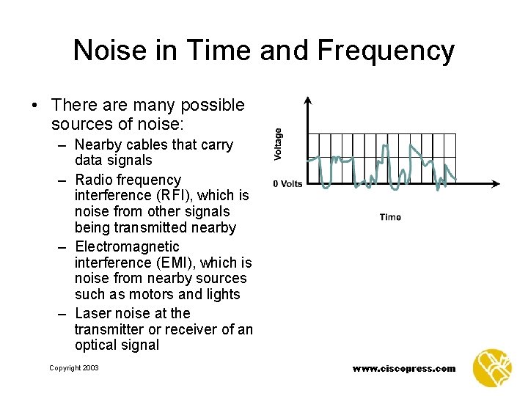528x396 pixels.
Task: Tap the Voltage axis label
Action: point(279,144)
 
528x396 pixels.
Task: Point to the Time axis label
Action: point(390,216)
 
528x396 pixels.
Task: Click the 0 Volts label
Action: point(287,183)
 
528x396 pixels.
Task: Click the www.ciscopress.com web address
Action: point(403,368)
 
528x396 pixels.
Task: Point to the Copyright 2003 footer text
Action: point(73,367)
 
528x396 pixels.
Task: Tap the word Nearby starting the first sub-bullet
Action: point(99,144)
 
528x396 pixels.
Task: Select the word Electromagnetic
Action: point(127,246)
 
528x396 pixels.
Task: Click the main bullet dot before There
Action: point(35,106)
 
